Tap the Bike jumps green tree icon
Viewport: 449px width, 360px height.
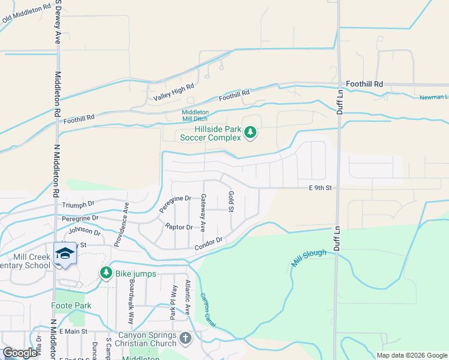106,274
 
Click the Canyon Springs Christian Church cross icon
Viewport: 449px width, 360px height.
185,339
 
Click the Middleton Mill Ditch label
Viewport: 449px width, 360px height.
196,116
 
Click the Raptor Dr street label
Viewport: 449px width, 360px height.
179,227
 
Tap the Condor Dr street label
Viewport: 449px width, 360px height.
208,244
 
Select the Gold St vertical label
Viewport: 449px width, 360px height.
231,201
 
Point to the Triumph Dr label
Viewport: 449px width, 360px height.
79,205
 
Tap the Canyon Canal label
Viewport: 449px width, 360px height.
208,311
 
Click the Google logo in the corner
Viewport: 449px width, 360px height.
20,353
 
